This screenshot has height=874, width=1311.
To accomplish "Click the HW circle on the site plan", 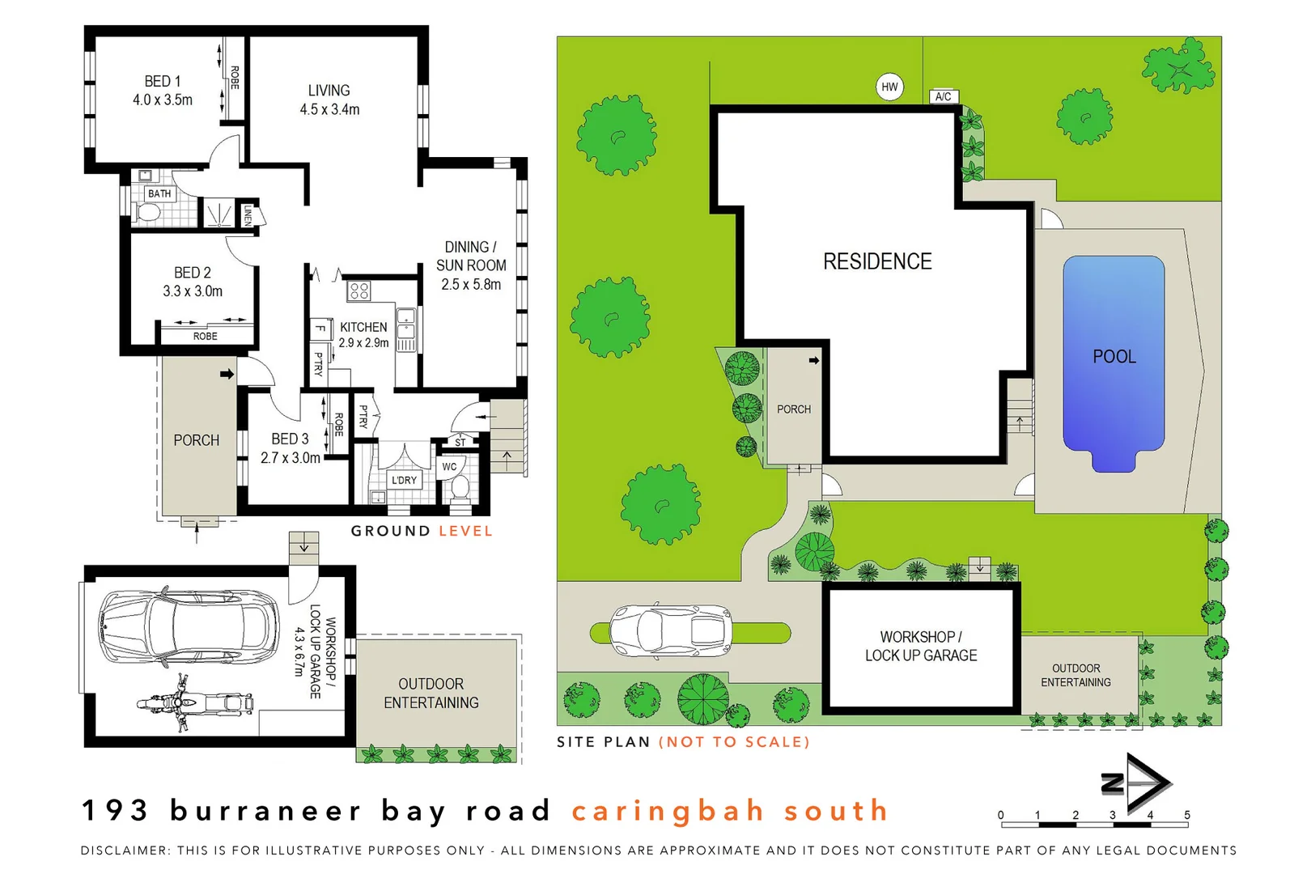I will pos(889,87).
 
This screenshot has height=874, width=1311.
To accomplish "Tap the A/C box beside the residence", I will pos(943,96).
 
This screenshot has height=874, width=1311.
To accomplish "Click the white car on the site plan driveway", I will pos(670,630).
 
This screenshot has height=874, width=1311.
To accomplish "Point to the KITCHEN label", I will pos(363,327).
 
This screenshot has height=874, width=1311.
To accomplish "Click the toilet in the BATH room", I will pos(149,213).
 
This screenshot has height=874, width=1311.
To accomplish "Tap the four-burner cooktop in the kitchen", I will pos(359,291).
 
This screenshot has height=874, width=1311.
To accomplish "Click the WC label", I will pos(449,466).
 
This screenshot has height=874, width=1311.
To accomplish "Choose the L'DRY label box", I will pos(404,480).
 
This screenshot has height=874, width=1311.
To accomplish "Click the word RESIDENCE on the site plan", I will pos(877,261).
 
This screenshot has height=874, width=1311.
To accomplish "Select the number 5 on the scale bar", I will pos(1187,815).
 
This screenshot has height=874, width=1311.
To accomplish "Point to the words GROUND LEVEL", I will pos(422,531).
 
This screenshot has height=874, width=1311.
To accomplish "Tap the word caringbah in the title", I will pos(668,810).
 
